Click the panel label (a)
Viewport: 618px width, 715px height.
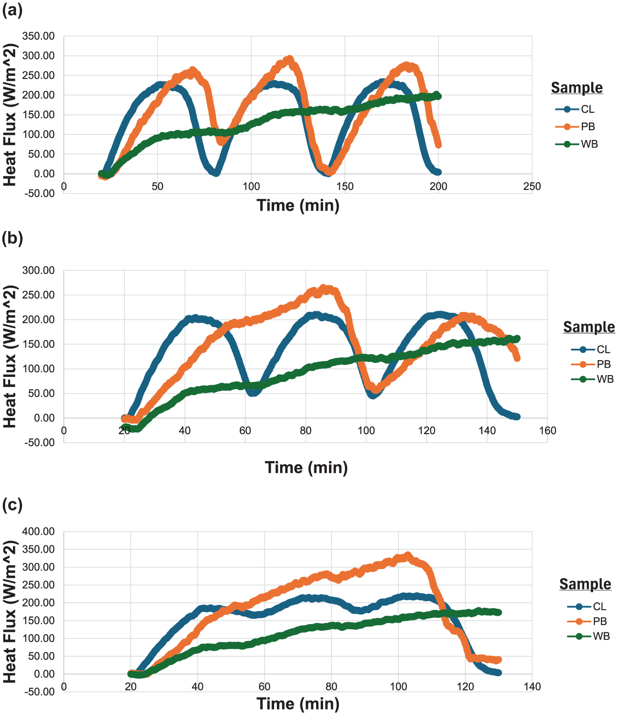pos(12,10)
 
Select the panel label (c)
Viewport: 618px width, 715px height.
pos(12,505)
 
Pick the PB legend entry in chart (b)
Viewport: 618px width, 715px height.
pos(591,364)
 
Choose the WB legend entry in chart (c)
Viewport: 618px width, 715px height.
pos(589,636)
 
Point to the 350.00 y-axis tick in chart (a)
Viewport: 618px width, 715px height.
pos(38,36)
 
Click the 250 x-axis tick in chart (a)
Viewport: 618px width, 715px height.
pos(532,187)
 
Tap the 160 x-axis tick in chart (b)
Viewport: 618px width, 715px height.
pos(548,431)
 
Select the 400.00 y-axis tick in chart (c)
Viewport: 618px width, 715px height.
pos(38,532)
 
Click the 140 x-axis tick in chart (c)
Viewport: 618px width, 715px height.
pos(532,687)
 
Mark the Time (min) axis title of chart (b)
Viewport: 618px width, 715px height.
pos(306,467)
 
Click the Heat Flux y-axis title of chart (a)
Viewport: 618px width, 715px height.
pos(10,115)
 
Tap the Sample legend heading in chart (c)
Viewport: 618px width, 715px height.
pos(585,584)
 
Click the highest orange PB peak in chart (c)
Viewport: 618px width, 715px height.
pos(407,555)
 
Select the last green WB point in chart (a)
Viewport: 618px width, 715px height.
pos(438,96)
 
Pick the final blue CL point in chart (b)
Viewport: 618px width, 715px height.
pos(517,417)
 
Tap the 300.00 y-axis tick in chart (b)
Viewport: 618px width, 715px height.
pos(38,271)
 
